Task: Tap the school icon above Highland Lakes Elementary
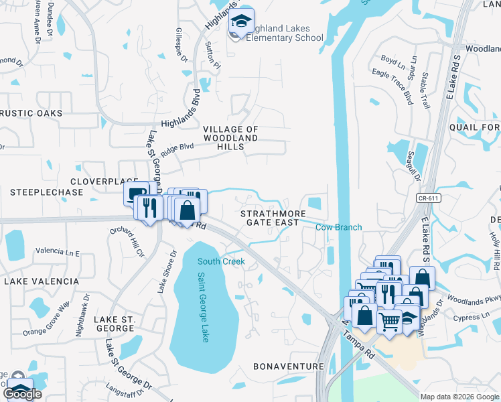[x=242, y=22]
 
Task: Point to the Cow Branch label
[x=338, y=227]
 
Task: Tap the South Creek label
[x=221, y=261]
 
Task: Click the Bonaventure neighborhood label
[x=289, y=366]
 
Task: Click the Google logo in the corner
[x=23, y=394]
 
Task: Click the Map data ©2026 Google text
[x=459, y=397]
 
